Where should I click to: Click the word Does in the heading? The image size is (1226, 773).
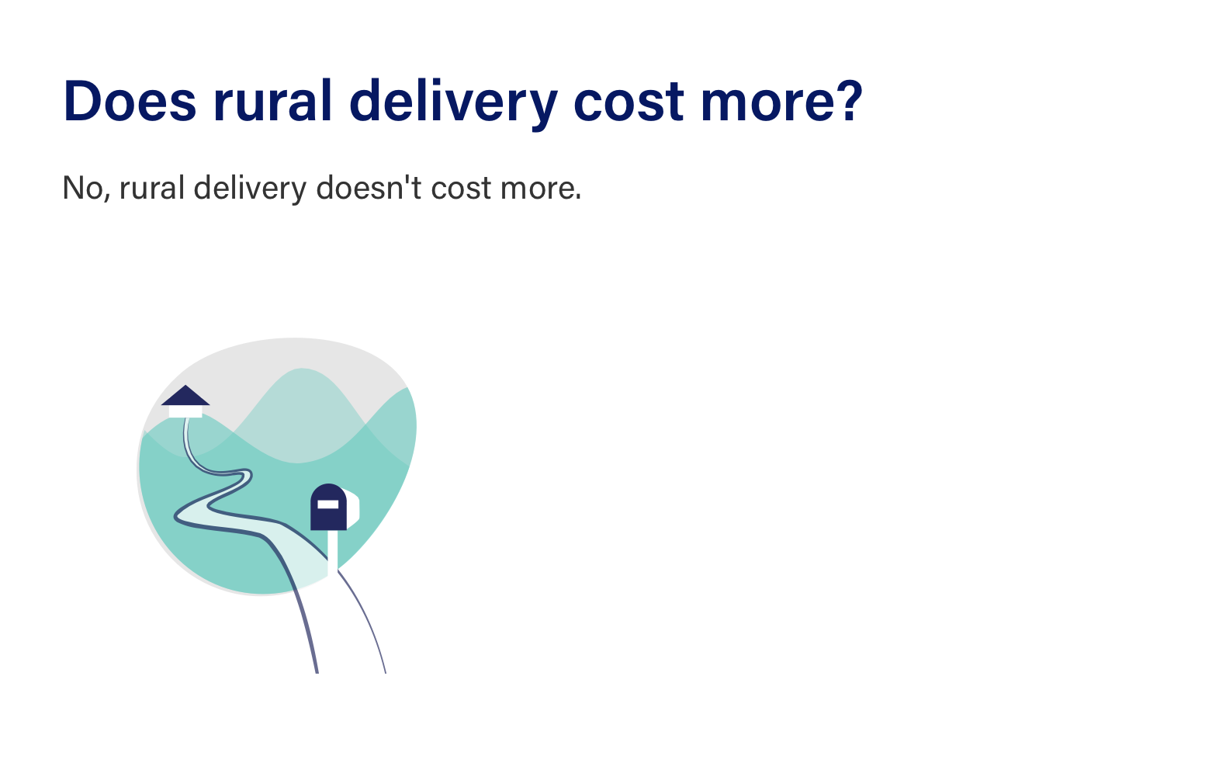[130, 101]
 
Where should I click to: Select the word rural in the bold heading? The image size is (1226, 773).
[272, 101]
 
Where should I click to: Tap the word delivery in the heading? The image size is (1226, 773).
[453, 105]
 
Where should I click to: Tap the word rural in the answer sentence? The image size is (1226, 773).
[152, 187]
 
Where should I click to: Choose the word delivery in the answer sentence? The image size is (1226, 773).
[250, 189]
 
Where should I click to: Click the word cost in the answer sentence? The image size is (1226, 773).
[462, 189]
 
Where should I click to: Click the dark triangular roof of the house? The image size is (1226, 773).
[185, 396]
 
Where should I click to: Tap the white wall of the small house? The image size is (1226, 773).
[185, 411]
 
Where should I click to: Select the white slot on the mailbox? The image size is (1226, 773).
[328, 504]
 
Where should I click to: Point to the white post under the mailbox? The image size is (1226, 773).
[332, 552]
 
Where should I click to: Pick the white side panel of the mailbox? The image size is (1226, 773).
[353, 509]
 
